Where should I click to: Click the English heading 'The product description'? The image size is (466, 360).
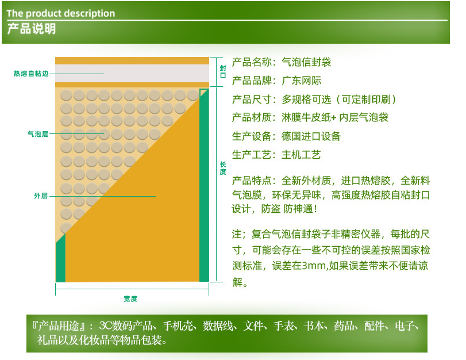click(x=61, y=13)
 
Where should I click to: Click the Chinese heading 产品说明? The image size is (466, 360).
click(x=31, y=29)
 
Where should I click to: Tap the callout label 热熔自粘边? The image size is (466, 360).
click(x=31, y=74)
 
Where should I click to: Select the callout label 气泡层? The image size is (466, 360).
click(x=38, y=134)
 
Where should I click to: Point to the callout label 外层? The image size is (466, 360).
click(x=41, y=196)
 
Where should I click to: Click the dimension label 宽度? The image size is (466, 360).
click(x=130, y=298)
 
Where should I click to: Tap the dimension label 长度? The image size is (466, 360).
click(x=223, y=168)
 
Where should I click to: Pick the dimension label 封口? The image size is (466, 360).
click(x=223, y=72)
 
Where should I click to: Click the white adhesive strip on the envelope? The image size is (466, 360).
click(x=132, y=73)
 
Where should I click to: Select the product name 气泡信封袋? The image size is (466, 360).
click(x=306, y=62)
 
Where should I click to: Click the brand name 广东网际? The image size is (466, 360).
click(x=301, y=81)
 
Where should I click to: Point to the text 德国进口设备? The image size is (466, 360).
click(x=311, y=136)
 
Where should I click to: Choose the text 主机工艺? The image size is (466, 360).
click(x=301, y=155)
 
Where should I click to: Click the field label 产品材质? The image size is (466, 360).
click(x=252, y=117)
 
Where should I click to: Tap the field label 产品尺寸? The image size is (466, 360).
click(x=252, y=99)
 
